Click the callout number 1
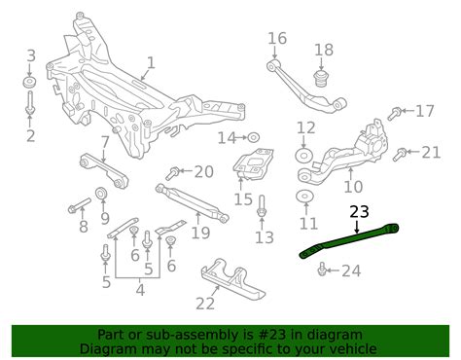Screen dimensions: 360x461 pyautogui.click(x=150, y=66)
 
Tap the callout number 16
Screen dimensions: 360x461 pyautogui.click(x=278, y=39)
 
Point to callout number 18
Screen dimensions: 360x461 pyautogui.click(x=323, y=49)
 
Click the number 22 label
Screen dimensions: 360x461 pyautogui.click(x=204, y=305)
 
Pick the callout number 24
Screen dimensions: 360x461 pyautogui.click(x=351, y=270)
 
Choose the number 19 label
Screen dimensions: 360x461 pyautogui.click(x=200, y=233)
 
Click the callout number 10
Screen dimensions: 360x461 pyautogui.click(x=353, y=186)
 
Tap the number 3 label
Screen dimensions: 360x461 pyautogui.click(x=30, y=55)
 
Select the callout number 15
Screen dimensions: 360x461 pyautogui.click(x=242, y=199)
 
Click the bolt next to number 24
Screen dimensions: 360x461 pyautogui.click(x=323, y=270)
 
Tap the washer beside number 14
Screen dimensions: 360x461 pyautogui.click(x=254, y=136)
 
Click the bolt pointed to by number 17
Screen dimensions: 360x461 pyautogui.click(x=396, y=112)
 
